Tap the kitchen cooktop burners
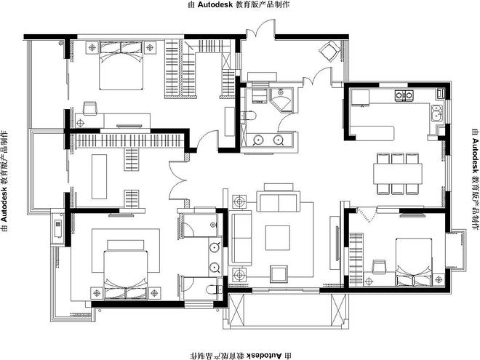pyautogui.click(x=404, y=95)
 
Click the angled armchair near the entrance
pyautogui.click(x=329, y=50)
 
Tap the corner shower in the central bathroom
pyautogui.click(x=281, y=100)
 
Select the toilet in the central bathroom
pyautogui.click(x=249, y=116)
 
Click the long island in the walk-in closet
pyautogui.click(x=99, y=177)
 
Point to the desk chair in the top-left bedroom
pyautogui.click(x=90, y=108)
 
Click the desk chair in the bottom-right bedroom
pyautogui.click(x=378, y=266)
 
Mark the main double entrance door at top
pyautogui.click(x=260, y=29)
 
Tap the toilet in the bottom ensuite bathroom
pyautogui.click(x=215, y=289)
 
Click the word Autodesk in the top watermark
pyautogui.click(x=215, y=4)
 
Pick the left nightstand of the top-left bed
pyautogui.click(x=92, y=47)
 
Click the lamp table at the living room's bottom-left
pyautogui.click(x=239, y=275)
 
